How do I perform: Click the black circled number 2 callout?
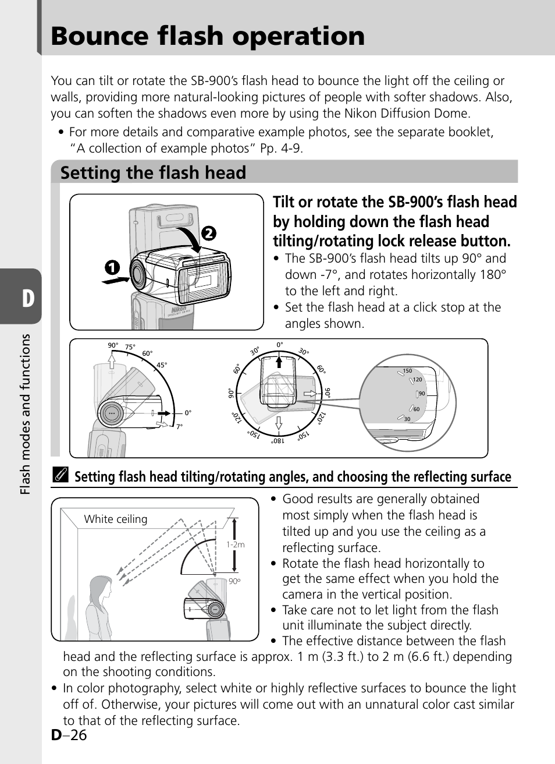click(208, 233)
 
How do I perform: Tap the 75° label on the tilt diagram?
click(130, 347)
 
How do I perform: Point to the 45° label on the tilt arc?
click(162, 366)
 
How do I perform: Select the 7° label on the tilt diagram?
click(179, 426)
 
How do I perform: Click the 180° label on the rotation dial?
click(277, 441)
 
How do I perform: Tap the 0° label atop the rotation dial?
click(280, 345)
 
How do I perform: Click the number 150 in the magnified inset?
click(407, 371)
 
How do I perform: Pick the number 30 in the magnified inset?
click(407, 419)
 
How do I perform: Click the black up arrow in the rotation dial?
click(280, 362)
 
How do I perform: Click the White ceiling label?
click(116, 519)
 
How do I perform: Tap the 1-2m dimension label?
click(236, 545)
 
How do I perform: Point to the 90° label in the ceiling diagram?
click(234, 581)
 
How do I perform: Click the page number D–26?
click(69, 735)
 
